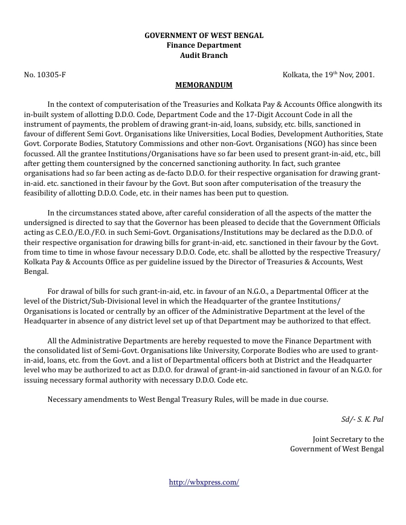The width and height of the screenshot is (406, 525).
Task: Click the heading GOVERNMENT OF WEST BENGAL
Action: pyautogui.click(x=204, y=36)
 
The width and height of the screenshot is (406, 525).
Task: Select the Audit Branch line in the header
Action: pyautogui.click(x=204, y=56)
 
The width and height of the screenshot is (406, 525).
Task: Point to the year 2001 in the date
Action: pyautogui.click(x=364, y=75)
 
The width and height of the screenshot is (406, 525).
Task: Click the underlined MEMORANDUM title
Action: pyautogui.click(x=204, y=85)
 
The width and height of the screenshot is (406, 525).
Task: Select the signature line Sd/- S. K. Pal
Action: pyautogui.click(x=362, y=419)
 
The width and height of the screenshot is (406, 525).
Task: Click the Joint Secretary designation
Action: pyautogui.click(x=347, y=439)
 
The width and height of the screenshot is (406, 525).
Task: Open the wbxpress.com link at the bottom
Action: pyautogui.click(x=204, y=482)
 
